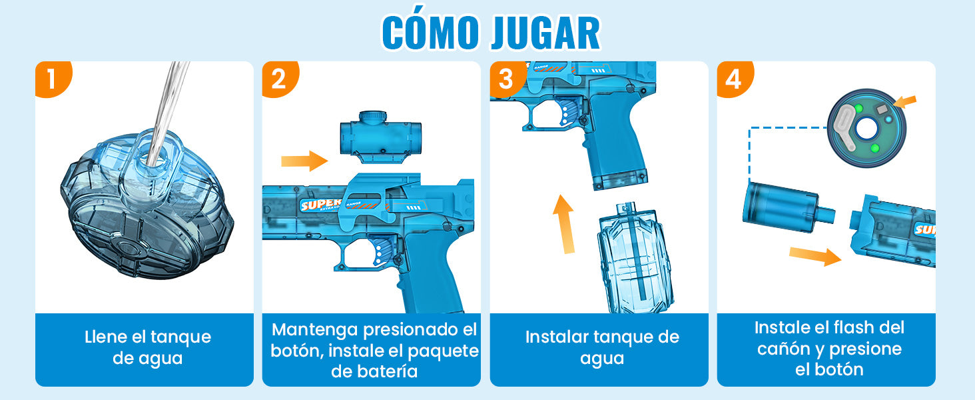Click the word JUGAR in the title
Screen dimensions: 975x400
pos(546,33)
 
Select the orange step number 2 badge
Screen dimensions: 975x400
pos(280,79)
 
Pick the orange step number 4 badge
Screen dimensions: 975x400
pos(735,79)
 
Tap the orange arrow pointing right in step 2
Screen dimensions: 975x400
pos(304,161)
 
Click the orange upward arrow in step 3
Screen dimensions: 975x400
pos(565,224)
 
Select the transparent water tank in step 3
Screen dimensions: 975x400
pos(635,258)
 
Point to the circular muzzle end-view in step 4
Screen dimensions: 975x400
pos(866,128)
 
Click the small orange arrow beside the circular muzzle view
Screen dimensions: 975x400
pos(904,102)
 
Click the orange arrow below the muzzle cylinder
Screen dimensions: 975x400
pos(814,256)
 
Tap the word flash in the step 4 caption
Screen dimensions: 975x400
pos(854,327)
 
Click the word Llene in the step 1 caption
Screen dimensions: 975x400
pos(105,337)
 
